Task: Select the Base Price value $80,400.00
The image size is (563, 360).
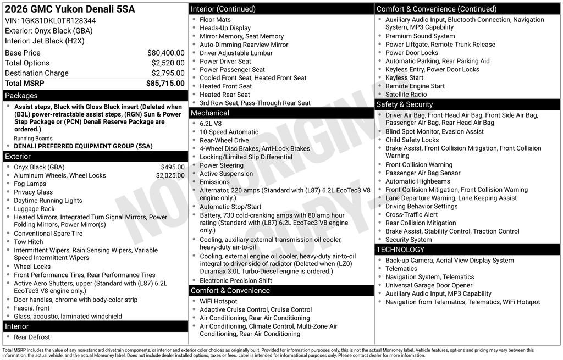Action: [165, 53]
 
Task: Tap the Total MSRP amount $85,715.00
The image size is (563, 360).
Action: [165, 83]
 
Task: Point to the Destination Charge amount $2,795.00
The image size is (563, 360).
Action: [168, 73]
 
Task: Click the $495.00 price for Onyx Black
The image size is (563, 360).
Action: [173, 167]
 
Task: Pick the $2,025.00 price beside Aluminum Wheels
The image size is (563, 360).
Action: [170, 175]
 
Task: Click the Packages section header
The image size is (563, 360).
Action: [21, 96]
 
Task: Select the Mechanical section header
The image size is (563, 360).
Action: [209, 113]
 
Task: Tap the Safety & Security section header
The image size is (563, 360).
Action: [405, 104]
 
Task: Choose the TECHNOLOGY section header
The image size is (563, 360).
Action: [408, 250]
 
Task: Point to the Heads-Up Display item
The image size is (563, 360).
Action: [225, 28]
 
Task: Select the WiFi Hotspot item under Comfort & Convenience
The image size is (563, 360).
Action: [218, 301]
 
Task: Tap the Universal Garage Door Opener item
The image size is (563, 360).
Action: [429, 285]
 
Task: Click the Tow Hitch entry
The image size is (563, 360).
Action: [29, 242]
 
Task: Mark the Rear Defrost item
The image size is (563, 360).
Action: [32, 337]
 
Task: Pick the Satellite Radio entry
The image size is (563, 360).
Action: [406, 95]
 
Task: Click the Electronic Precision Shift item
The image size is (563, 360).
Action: [235, 280]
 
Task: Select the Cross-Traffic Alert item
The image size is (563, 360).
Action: [411, 215]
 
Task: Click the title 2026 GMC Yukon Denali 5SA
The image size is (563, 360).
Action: [69, 9]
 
